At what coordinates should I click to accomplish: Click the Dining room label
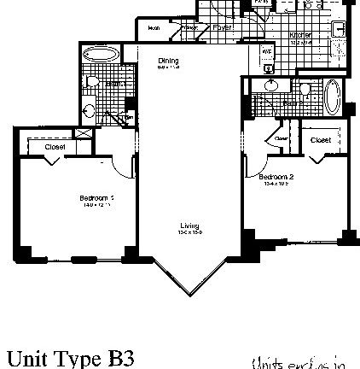coord(167,61)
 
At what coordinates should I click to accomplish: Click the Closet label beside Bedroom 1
coord(55,146)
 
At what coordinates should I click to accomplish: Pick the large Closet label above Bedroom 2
coord(320,139)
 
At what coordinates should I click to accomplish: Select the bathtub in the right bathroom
coord(333,97)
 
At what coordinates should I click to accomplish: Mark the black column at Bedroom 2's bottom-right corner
coord(346,236)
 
